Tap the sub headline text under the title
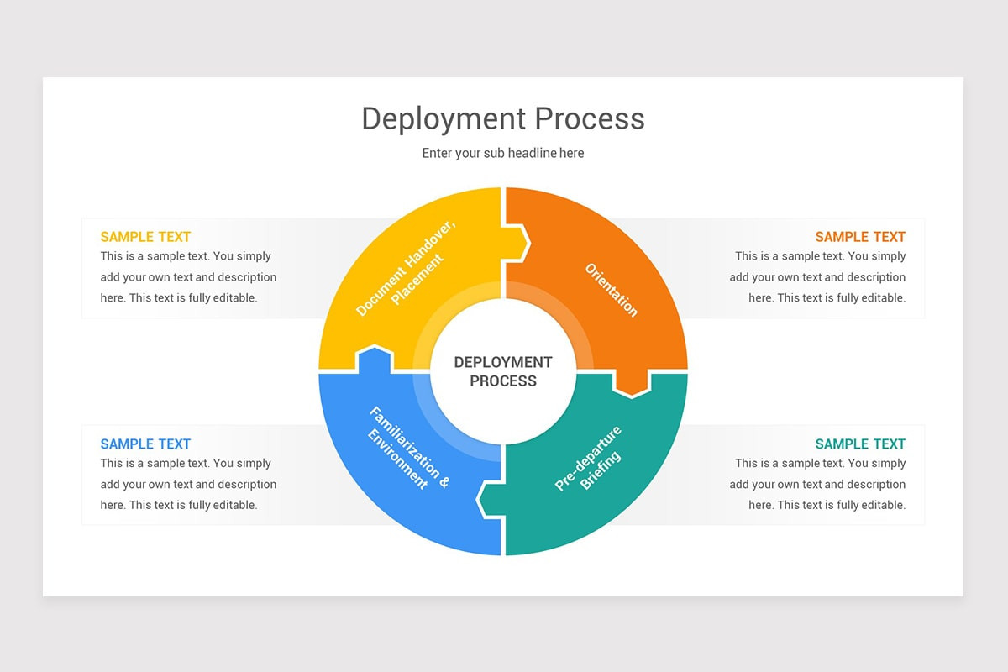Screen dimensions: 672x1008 point(502,153)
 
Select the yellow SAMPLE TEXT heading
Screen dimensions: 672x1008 point(145,237)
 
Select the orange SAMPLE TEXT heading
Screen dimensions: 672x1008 point(860,237)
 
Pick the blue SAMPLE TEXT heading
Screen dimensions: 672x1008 point(145,444)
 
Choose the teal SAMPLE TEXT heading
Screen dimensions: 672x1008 point(860,444)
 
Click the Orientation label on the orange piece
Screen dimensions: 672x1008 point(612,290)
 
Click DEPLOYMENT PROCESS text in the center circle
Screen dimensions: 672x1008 point(503,371)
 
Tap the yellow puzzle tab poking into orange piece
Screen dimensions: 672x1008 point(517,244)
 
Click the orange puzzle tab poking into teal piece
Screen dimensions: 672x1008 point(632,382)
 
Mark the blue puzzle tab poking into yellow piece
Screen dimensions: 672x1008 point(375,359)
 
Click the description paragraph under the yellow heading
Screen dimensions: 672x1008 point(188,277)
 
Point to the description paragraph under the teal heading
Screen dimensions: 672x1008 point(817,485)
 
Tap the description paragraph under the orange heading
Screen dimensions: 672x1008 point(817,277)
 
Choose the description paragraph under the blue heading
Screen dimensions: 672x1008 point(188,485)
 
